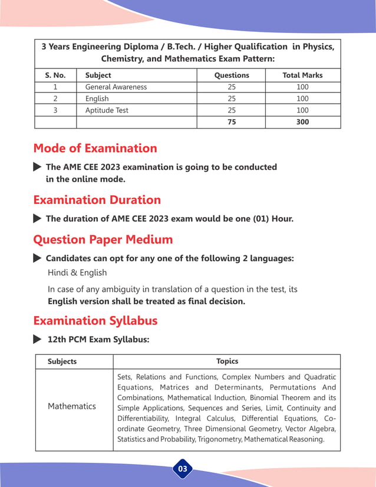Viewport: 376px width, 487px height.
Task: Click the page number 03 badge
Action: [x=183, y=469]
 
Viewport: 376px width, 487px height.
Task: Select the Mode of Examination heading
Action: [x=95, y=148]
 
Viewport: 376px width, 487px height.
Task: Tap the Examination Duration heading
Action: [x=97, y=200]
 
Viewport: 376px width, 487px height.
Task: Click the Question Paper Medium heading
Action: [x=103, y=240]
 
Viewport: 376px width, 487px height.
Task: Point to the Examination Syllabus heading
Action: [x=95, y=321]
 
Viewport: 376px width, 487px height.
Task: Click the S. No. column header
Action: [x=55, y=75]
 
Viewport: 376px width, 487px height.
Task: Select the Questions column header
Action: [x=231, y=75]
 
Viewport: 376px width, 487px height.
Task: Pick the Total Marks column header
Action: [x=302, y=75]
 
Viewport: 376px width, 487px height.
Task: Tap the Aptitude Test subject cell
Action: [x=107, y=110]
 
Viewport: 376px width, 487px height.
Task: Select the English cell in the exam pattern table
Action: [x=97, y=98]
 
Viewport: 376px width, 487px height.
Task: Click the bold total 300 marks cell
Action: [x=302, y=122]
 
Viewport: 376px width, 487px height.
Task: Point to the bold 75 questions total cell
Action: [x=231, y=122]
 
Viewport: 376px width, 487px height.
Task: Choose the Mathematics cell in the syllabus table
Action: [x=71, y=406]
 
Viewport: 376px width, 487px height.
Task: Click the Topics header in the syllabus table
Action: [x=227, y=361]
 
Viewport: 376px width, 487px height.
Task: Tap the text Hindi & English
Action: [x=77, y=273]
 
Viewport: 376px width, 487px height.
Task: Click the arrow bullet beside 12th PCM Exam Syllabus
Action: [x=37, y=340]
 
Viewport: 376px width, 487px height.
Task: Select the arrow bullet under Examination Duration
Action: [x=37, y=219]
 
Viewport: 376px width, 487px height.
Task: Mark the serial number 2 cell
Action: [x=55, y=98]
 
